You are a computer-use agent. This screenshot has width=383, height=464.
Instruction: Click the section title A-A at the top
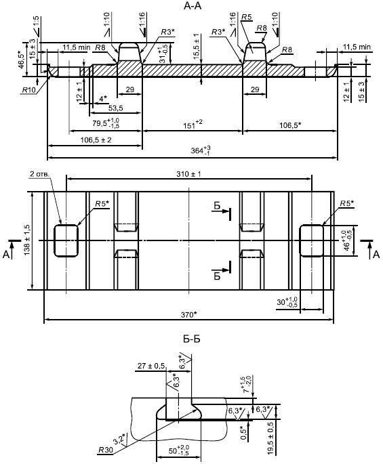[x=193, y=6]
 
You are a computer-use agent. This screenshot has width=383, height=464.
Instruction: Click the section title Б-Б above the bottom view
[x=192, y=339]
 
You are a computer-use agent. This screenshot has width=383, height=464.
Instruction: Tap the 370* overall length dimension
[x=188, y=314]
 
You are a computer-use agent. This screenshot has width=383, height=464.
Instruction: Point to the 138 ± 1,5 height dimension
[x=27, y=240]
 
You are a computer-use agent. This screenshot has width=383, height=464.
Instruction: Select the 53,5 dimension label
[x=115, y=108]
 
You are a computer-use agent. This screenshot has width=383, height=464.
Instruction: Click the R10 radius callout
[x=28, y=90]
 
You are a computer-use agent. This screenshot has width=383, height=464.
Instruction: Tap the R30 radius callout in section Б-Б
[x=106, y=450]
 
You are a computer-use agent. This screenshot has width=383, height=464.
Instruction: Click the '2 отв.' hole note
[x=39, y=173]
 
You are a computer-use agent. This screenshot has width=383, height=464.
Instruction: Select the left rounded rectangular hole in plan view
[x=66, y=240]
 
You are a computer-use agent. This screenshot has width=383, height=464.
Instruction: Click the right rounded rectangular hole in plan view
[x=311, y=240]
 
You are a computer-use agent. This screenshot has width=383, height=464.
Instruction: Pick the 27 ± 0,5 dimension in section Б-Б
[x=151, y=366]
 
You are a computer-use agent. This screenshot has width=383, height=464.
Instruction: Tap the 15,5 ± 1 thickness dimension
[x=196, y=46]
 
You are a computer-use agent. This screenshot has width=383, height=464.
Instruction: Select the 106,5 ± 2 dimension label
[x=96, y=140]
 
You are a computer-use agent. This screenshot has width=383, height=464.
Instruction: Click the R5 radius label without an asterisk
[x=246, y=17]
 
